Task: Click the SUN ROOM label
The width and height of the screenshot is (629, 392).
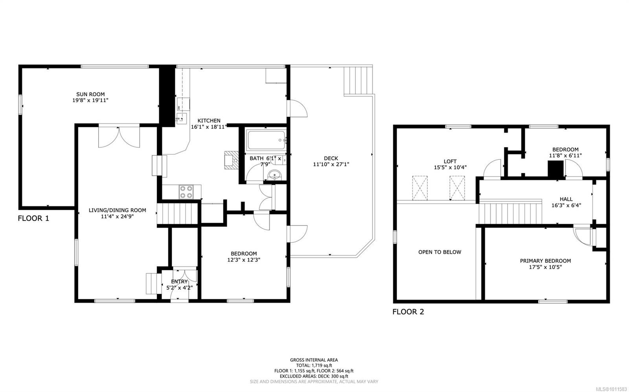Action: click(x=90, y=94)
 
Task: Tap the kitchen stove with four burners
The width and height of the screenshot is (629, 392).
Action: click(x=186, y=192)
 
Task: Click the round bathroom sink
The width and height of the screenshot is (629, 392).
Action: click(x=274, y=175)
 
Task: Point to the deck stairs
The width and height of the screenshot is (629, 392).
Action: click(x=358, y=81)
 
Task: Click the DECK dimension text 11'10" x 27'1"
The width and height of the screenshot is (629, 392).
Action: click(x=331, y=164)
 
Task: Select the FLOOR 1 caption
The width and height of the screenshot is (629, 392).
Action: click(x=33, y=218)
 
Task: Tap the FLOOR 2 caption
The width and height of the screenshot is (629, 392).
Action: click(x=408, y=312)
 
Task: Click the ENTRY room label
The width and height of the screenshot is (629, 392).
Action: click(x=179, y=282)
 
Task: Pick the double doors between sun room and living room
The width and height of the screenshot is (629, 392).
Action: click(x=119, y=137)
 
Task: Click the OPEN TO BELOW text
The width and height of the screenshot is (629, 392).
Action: click(x=440, y=252)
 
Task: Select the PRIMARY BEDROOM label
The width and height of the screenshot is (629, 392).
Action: click(x=545, y=261)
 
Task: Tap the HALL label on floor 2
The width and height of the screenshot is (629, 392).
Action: click(x=566, y=199)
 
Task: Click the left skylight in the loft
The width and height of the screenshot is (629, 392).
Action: click(x=419, y=188)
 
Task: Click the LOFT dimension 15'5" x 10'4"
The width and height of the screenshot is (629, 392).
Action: click(x=450, y=167)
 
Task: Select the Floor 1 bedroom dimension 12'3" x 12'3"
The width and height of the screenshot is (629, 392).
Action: click(x=244, y=260)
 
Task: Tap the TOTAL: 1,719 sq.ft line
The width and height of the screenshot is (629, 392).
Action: click(x=314, y=365)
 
